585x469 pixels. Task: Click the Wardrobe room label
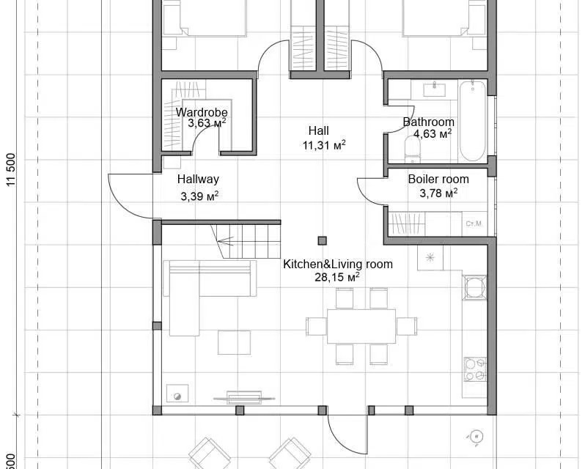pyautogui.click(x=202, y=112)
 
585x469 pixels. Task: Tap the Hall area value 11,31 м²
pyautogui.click(x=324, y=145)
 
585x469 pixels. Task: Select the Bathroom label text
pyautogui.click(x=429, y=122)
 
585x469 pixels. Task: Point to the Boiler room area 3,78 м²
pyautogui.click(x=438, y=193)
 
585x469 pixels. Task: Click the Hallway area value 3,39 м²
pyautogui.click(x=199, y=196)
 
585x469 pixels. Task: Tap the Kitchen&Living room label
pyautogui.click(x=338, y=264)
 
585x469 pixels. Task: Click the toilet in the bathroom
pyautogui.click(x=412, y=149)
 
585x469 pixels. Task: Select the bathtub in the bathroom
pyautogui.click(x=472, y=121)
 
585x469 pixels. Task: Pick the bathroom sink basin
pyautogui.click(x=434, y=89)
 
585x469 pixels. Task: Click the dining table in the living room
pyautogui.click(x=361, y=326)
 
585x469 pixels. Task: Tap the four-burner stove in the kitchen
pyautogui.click(x=475, y=369)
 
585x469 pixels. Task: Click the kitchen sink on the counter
pyautogui.click(x=474, y=287)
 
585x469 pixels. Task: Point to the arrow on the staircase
pyautogui.click(x=225, y=242)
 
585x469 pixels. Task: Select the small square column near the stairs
pyautogui.click(x=323, y=241)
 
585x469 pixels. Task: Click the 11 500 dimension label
pyautogui.click(x=12, y=169)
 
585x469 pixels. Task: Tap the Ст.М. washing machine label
pyautogui.click(x=474, y=224)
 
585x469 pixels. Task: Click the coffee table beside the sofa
pyautogui.click(x=235, y=342)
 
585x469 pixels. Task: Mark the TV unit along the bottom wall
pyautogui.click(x=244, y=398)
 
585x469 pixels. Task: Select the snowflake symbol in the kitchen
pyautogui.click(x=430, y=257)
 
